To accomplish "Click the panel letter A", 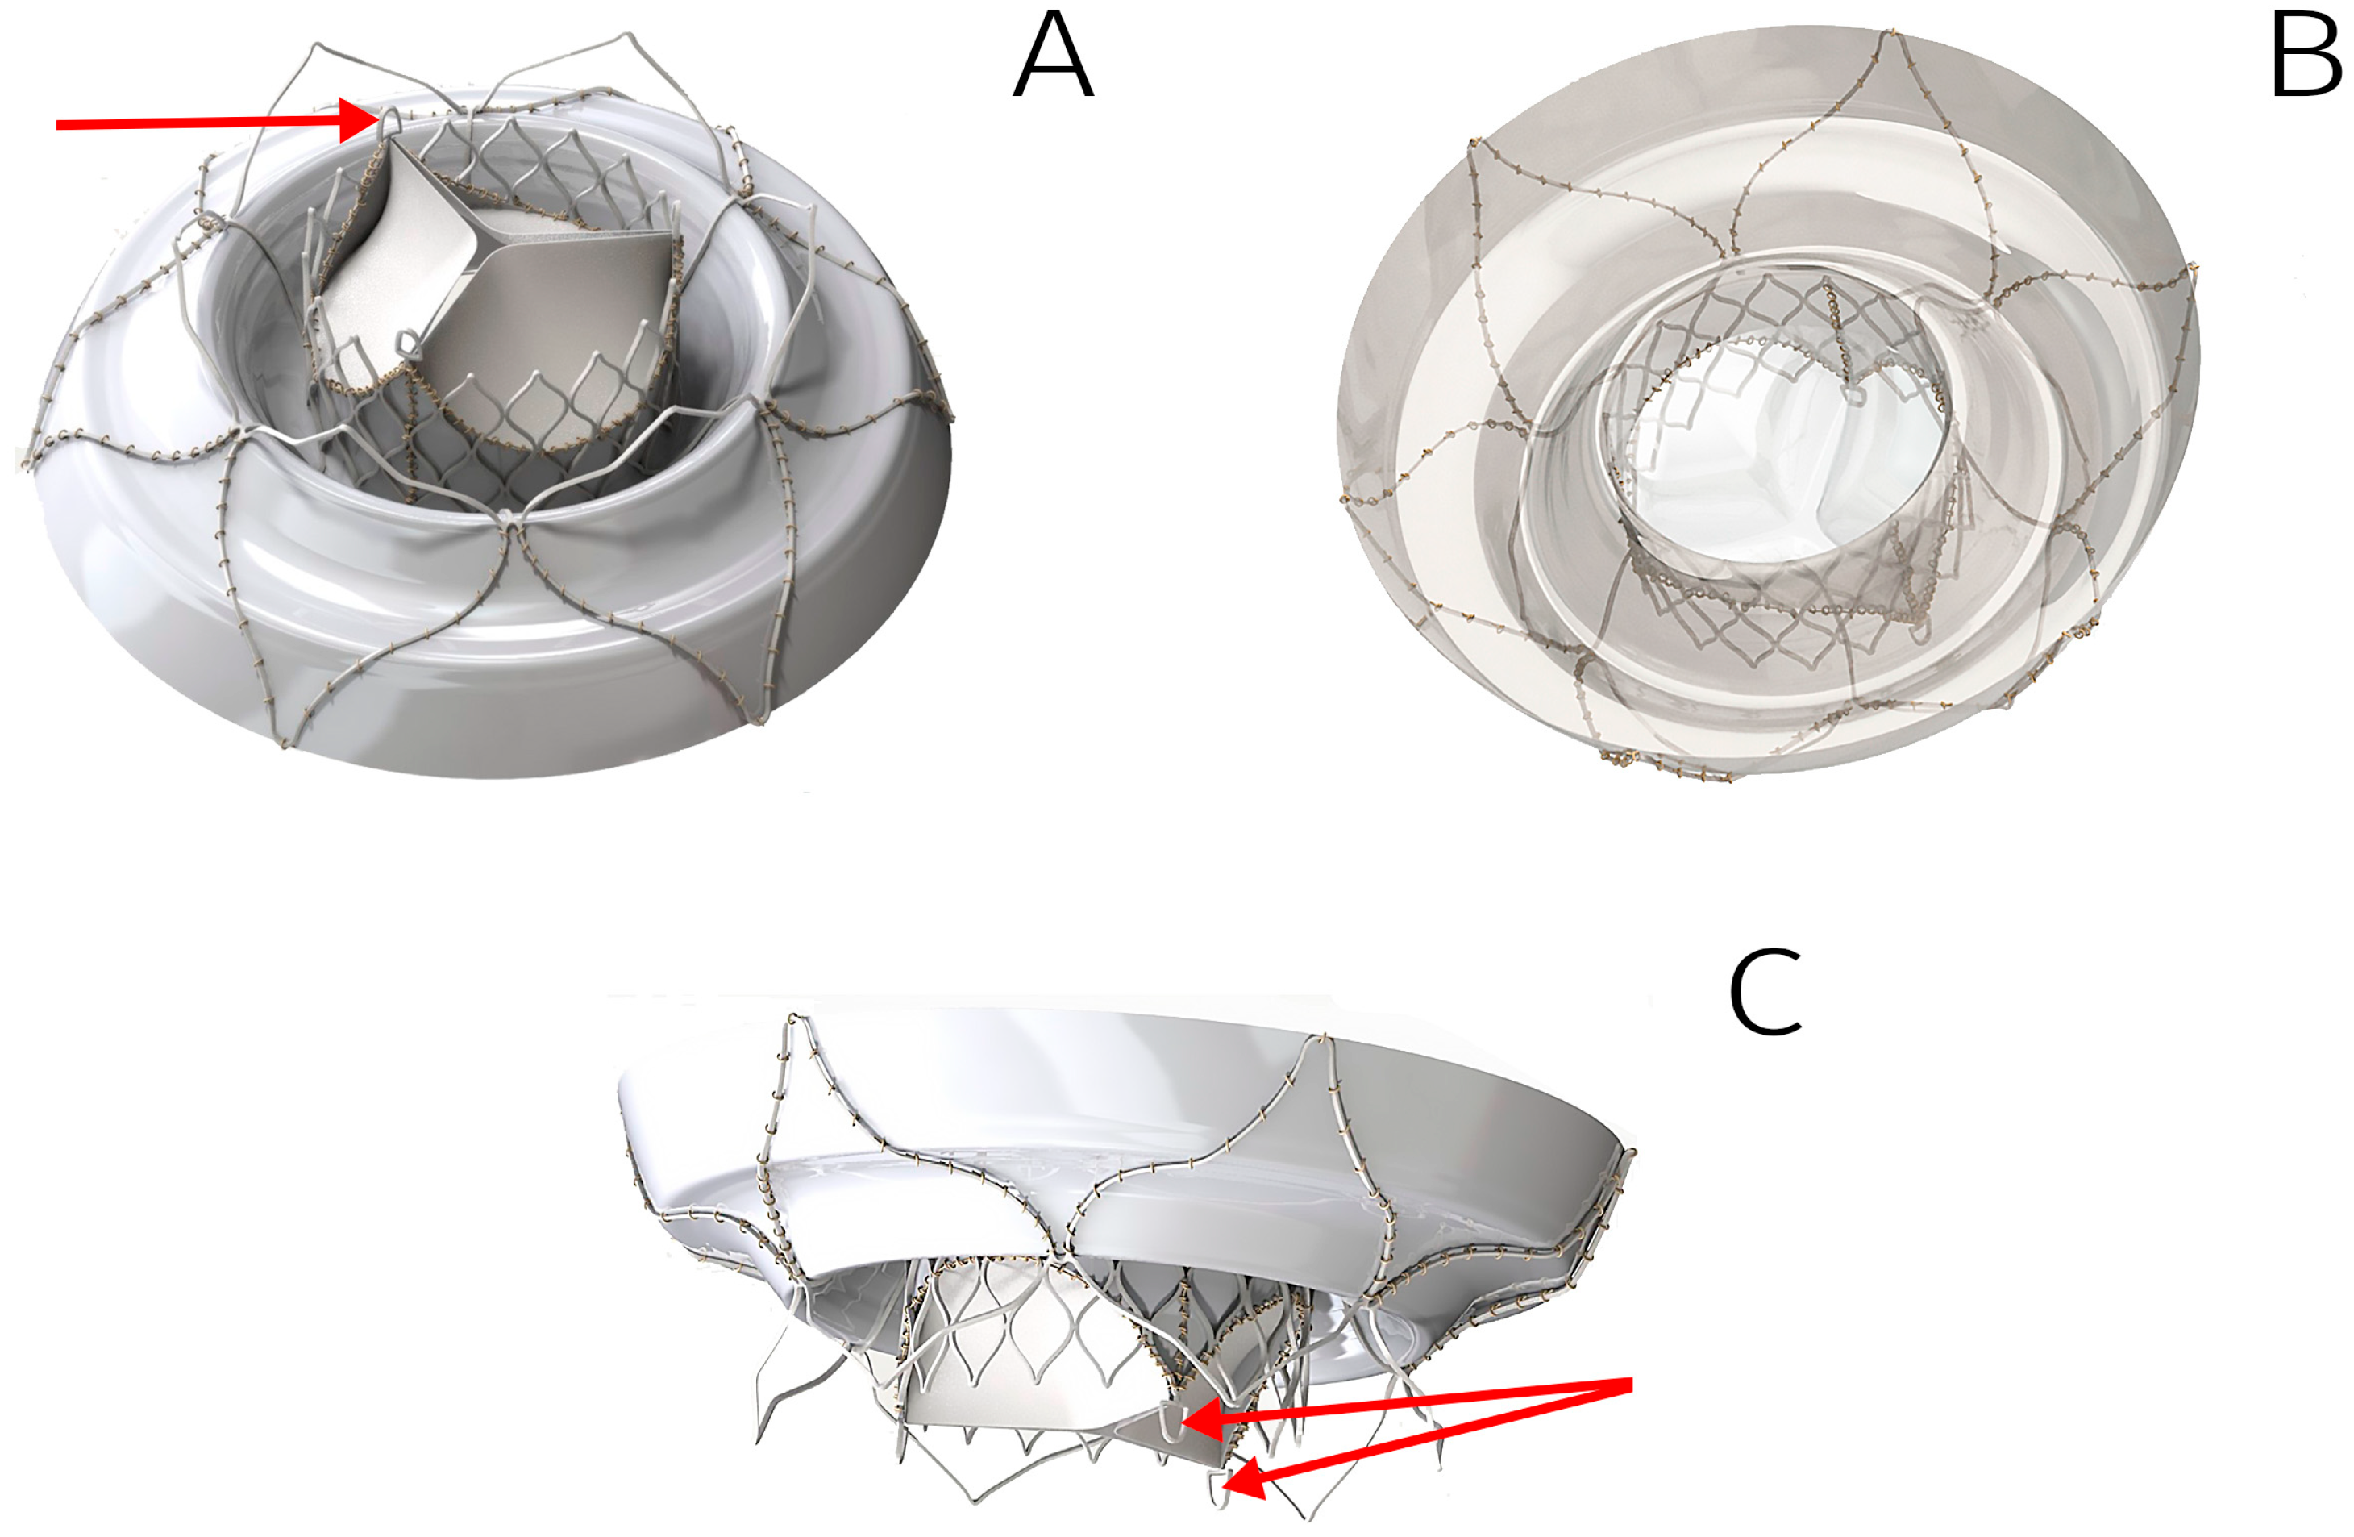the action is click(1054, 58).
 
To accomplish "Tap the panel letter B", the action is click(2305, 58).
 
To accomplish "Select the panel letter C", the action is click(1765, 992).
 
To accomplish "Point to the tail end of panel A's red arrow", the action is click(57, 125).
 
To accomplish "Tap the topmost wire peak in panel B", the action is click(1892, 35).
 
